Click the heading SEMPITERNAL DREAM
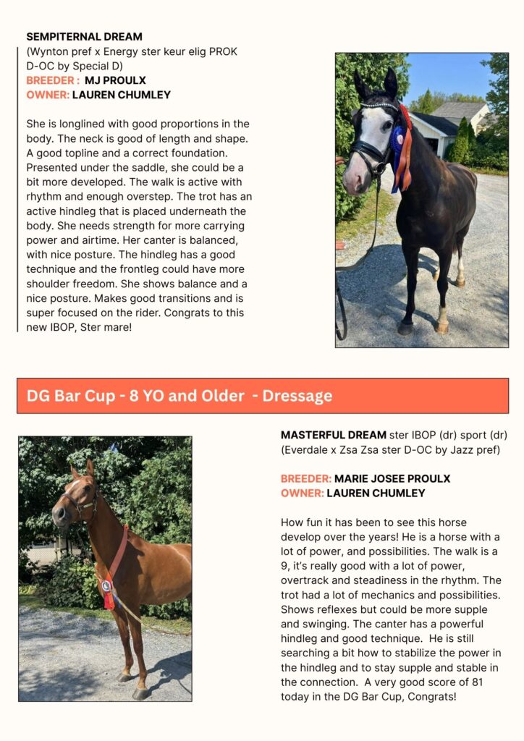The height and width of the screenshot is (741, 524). [84, 37]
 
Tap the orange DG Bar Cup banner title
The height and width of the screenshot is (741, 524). [179, 396]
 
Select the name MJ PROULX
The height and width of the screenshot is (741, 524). [115, 80]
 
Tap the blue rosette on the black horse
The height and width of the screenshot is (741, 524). [397, 137]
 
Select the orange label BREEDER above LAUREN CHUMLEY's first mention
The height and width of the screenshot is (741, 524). [51, 80]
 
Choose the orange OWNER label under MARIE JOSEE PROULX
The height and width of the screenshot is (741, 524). [302, 493]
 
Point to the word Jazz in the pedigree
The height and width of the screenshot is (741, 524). [440, 449]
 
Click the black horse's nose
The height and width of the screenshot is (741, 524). [352, 186]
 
